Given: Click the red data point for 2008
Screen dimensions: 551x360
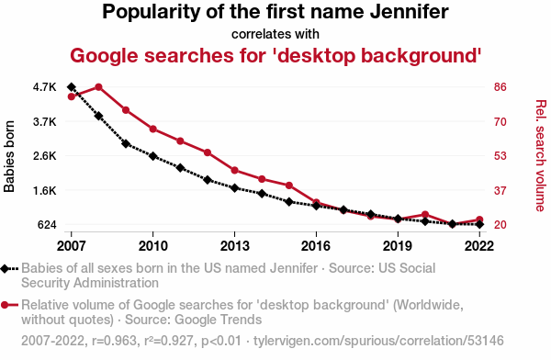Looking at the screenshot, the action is point(99,87).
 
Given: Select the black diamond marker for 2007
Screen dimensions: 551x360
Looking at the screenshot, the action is point(72,87).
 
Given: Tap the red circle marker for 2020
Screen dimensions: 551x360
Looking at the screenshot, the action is point(425,215).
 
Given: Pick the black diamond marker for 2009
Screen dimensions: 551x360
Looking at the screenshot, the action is point(126,143).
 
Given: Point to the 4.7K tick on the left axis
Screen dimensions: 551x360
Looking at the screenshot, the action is point(45,87).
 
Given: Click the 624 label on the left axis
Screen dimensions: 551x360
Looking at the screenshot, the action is point(47,225).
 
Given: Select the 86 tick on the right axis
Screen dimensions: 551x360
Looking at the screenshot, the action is point(500,87).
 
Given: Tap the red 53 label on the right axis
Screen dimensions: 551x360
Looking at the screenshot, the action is point(500,156).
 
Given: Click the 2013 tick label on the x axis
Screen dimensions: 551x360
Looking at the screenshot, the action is point(234,246).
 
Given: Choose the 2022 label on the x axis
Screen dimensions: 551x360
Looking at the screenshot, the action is point(479,246).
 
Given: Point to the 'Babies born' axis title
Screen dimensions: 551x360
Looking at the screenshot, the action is point(9,156).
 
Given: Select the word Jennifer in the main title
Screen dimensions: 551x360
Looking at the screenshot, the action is point(410,12).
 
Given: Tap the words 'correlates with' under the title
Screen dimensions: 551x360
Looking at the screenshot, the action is point(275,35).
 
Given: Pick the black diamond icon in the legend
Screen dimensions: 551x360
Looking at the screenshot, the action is point(5,269).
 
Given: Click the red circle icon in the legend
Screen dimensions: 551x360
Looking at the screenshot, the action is point(5,305).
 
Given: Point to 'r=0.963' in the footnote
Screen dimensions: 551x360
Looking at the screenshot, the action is point(114,341).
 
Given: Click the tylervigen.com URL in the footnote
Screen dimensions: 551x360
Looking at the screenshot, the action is point(378,341).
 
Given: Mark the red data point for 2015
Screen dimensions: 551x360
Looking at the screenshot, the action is point(289,186).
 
